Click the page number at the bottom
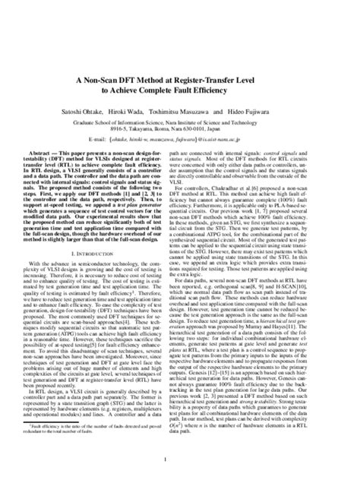tap(180, 458)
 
